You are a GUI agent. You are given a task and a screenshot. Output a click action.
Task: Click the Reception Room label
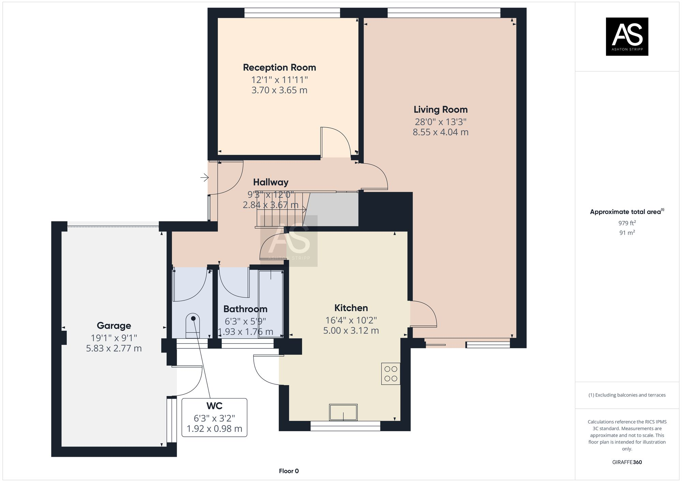(279, 67)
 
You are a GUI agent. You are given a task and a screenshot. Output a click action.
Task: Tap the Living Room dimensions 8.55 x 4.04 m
(440, 132)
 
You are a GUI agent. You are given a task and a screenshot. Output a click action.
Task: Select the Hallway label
(270, 182)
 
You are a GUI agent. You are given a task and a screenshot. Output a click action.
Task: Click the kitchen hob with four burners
(390, 374)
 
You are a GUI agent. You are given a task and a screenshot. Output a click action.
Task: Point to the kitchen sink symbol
(343, 412)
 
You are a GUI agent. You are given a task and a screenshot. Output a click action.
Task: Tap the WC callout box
(214, 417)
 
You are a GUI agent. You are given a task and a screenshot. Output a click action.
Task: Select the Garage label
(114, 326)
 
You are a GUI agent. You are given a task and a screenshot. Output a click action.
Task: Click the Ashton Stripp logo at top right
(627, 36)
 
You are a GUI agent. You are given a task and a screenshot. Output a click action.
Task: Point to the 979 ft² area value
(627, 223)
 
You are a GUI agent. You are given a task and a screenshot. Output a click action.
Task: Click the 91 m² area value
(627, 233)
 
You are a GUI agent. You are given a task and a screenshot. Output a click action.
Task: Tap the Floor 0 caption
(288, 471)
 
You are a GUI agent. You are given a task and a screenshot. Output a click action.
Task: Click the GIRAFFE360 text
(627, 462)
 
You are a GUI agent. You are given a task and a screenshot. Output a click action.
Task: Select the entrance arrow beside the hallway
(204, 177)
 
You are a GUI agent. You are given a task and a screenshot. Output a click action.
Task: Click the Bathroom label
(245, 309)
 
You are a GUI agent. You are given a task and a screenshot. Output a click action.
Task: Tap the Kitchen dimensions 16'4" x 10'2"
(351, 320)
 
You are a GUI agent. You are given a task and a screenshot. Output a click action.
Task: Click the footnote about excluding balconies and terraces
(627, 395)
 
